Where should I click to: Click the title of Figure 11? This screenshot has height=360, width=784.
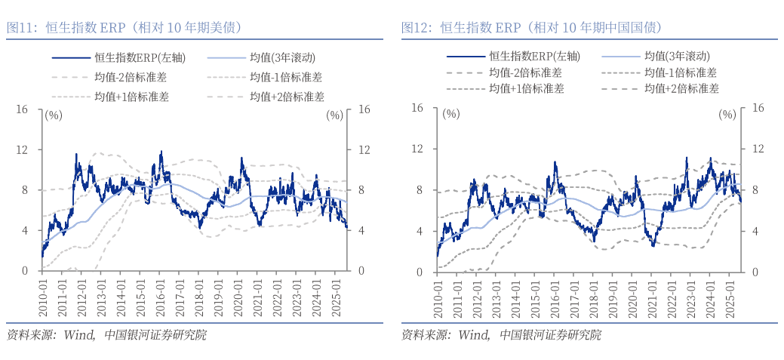click(x=125, y=28)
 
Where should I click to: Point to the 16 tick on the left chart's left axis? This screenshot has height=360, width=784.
click(x=22, y=110)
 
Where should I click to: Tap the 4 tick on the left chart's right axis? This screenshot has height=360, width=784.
click(x=364, y=230)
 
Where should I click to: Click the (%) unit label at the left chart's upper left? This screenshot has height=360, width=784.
click(x=54, y=115)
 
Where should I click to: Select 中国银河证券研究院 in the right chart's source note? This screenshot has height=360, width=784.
click(x=550, y=335)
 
